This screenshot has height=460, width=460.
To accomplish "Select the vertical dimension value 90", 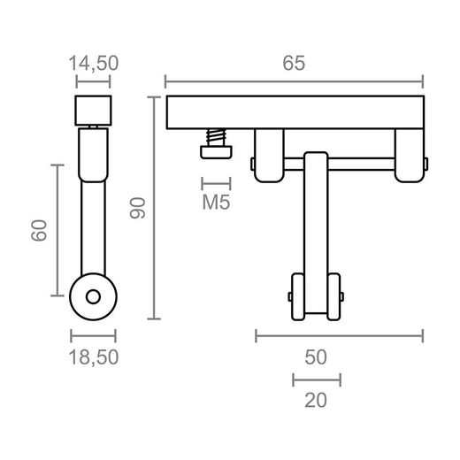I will pos(137,207).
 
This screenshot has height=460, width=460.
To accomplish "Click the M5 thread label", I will pos(217,203).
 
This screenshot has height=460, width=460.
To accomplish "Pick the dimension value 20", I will pos(316,400).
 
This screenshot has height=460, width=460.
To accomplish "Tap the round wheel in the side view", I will pos(93,296).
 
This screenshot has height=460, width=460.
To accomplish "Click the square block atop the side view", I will pos(93,111).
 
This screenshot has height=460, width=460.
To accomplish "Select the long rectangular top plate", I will pos(294,112).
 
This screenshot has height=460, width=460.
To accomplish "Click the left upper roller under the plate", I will pos(268,157).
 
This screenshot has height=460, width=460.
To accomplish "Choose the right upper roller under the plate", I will pos(410,157).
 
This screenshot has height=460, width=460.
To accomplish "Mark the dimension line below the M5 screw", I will pos(217,184).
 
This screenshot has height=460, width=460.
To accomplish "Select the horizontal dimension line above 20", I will pos(316,379).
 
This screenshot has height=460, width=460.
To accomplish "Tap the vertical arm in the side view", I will pos(93,203).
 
